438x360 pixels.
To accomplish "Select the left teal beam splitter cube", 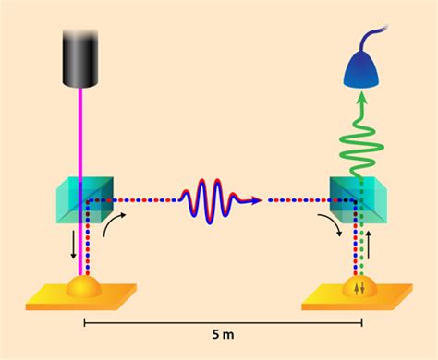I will pyautogui.click(x=84, y=198).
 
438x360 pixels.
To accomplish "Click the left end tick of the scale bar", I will pyautogui.click(x=84, y=323).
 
